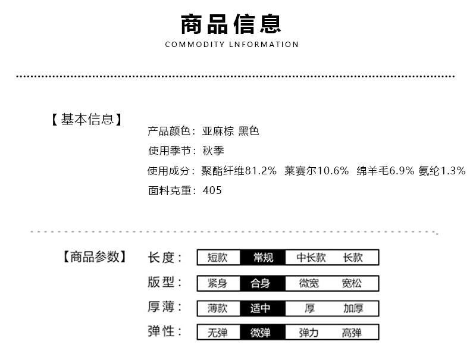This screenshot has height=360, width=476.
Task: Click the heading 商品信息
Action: (x=231, y=23)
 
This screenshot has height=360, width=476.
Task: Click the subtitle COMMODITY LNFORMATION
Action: (x=231, y=45)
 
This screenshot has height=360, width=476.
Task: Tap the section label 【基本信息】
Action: (x=87, y=120)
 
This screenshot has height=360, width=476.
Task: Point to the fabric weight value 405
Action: (x=212, y=191)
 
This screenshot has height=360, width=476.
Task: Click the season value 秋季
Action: (x=214, y=151)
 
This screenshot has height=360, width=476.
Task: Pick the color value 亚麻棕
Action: (x=217, y=131)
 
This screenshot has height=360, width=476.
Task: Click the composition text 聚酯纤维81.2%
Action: (x=239, y=171)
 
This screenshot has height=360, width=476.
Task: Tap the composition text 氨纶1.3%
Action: (x=441, y=171)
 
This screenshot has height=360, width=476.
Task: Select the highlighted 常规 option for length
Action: (x=263, y=258)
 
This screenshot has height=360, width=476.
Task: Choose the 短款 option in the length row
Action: (x=217, y=258)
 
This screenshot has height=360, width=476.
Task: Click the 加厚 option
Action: (x=353, y=308)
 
